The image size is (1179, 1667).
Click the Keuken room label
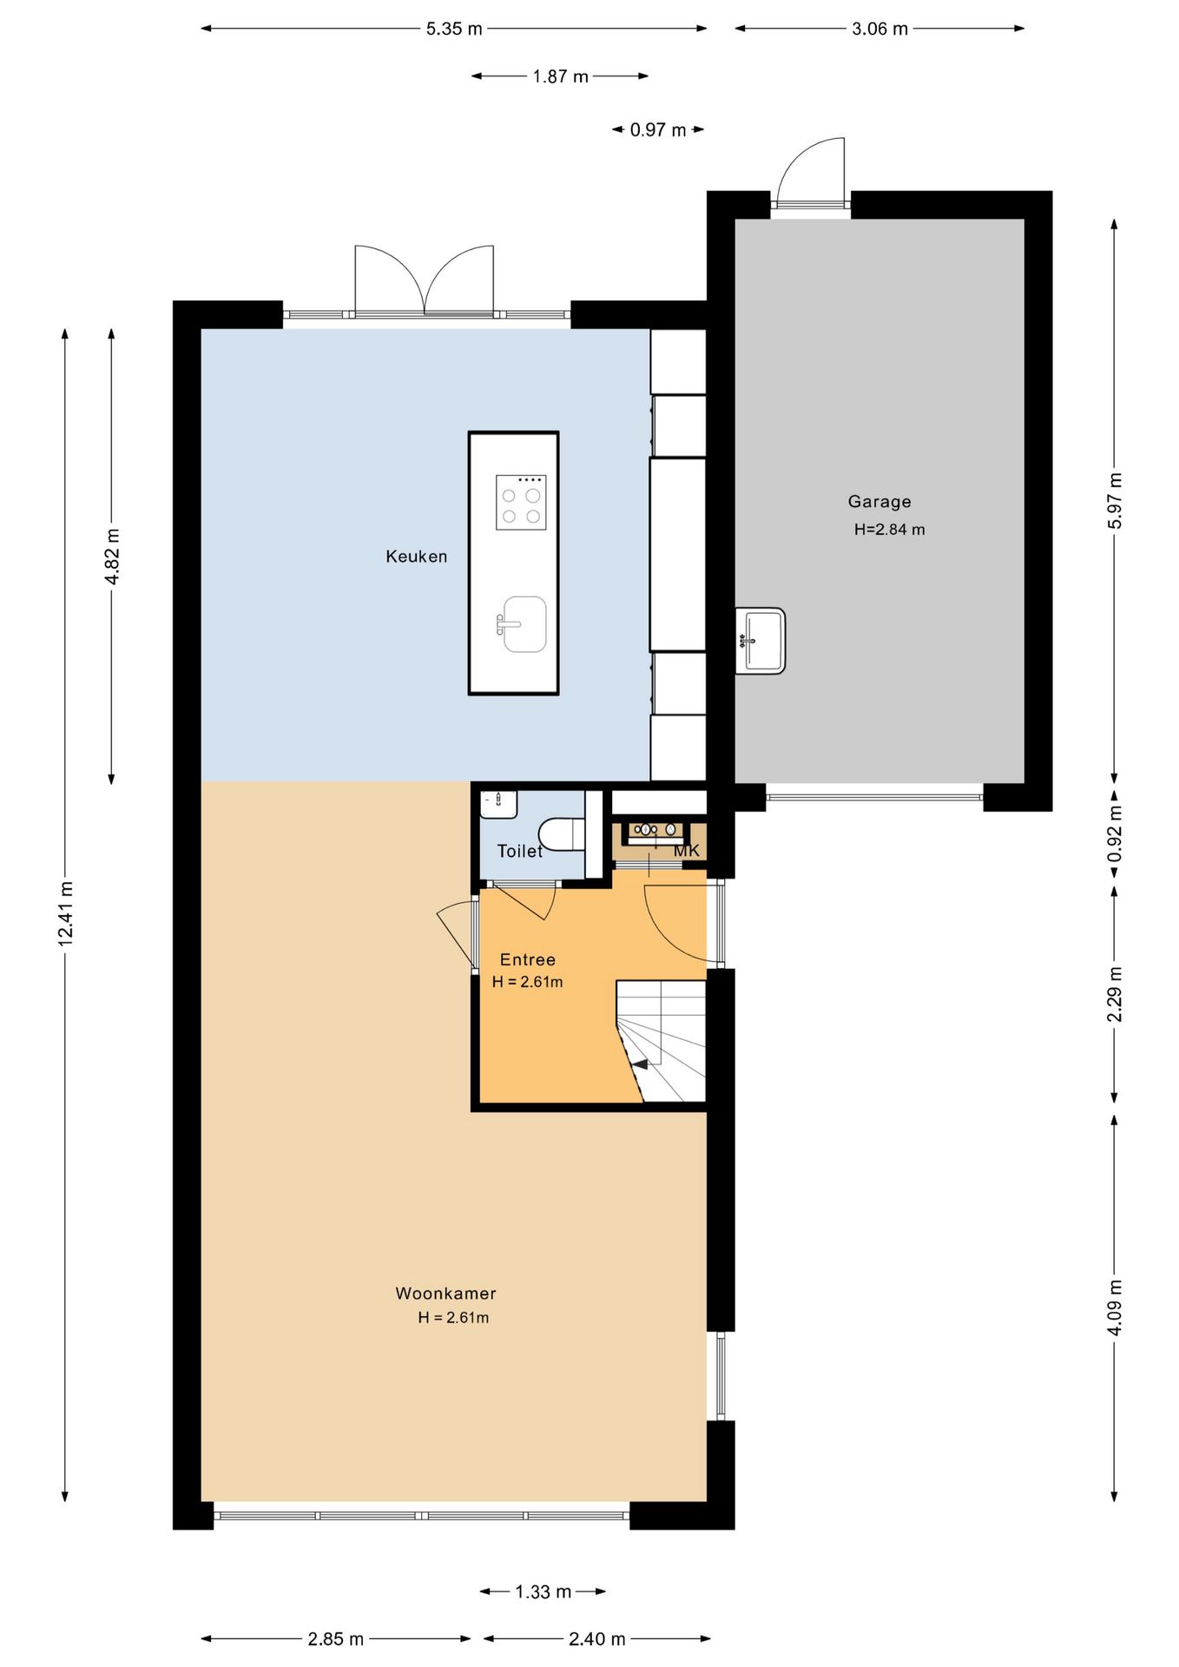pos(417,557)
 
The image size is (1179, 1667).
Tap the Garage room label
pos(879,501)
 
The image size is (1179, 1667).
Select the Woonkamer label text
pos(446,1293)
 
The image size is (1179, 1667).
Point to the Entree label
pos(528,959)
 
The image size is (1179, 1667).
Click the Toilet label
pos(519,851)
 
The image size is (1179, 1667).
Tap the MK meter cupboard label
pos(687,851)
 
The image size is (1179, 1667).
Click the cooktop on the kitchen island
pos(521,502)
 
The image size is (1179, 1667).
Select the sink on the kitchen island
pos(523,624)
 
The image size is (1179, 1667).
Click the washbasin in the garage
pos(761,641)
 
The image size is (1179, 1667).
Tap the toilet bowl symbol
pos(562,833)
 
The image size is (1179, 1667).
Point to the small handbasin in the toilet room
pos(499,804)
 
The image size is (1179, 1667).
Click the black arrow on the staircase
pos(639,1064)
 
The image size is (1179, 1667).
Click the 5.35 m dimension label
pos(454,29)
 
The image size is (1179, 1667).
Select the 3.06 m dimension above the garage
pos(879,29)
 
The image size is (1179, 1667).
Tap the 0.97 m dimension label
pos(658,130)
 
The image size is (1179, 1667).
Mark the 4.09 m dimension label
pos(1116,1308)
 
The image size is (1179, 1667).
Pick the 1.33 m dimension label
pos(543,1591)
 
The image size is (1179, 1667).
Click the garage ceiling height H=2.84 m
pos(889,530)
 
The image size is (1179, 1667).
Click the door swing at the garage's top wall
pos(811,171)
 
